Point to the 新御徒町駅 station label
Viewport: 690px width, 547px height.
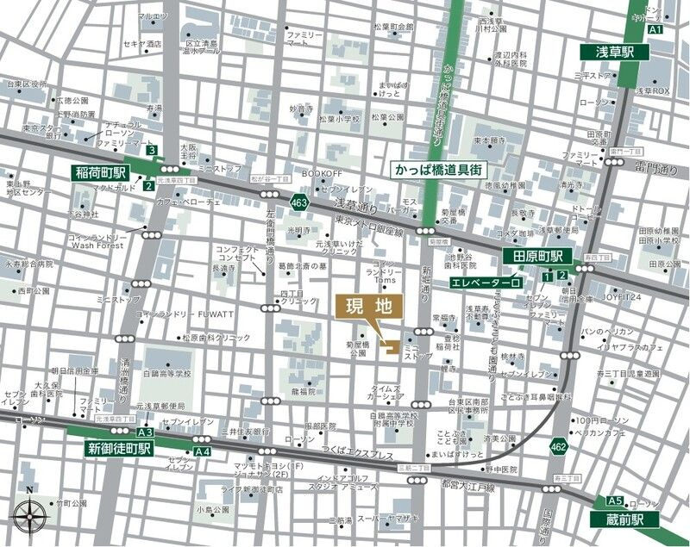(118, 448)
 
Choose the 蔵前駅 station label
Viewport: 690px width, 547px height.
(624, 519)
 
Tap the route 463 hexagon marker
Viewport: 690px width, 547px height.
(299, 202)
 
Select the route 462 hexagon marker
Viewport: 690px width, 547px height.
(558, 445)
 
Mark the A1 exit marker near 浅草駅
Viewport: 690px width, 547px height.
(655, 29)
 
